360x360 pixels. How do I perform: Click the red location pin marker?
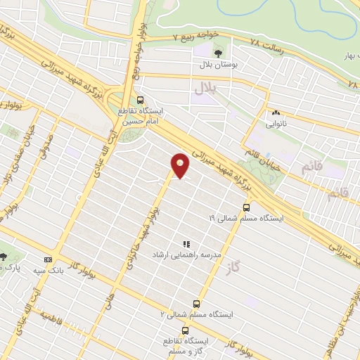coord(181,165)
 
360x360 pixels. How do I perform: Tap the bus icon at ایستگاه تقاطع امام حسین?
coord(140,100)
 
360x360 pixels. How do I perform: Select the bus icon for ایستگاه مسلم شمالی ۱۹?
coord(246,207)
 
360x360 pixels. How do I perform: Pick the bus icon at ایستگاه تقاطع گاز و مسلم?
coord(185,330)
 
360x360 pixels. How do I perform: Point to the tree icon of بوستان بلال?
coord(218,53)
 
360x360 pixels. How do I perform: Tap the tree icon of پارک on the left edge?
coord(4,257)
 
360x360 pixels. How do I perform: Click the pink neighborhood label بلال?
coord(205,89)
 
